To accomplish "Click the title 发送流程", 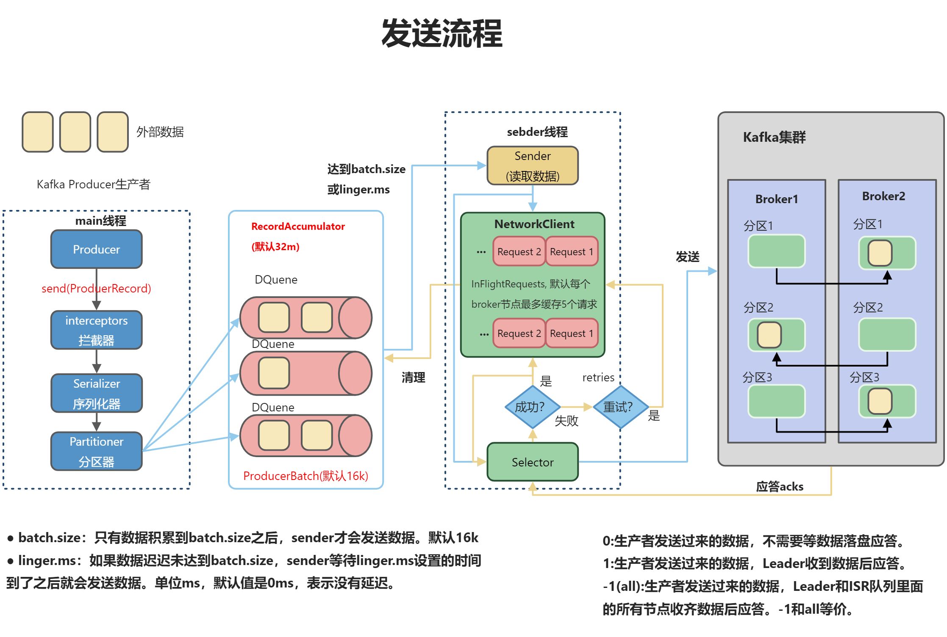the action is tap(442, 33).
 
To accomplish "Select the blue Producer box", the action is tap(97, 249).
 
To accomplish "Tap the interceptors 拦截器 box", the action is tap(97, 330).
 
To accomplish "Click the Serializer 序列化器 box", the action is tap(97, 393).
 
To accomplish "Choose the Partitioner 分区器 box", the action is tap(97, 451).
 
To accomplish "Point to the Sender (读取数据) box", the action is tap(533, 165).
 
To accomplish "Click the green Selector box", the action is tap(533, 462).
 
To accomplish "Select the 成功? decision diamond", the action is tap(533, 407).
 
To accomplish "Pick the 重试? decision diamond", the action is tap(621, 407).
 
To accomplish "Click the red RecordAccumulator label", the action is tap(298, 226).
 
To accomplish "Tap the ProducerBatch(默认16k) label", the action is tap(305, 476).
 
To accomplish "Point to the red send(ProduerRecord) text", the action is tap(96, 288).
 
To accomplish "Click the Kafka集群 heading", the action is tap(774, 137).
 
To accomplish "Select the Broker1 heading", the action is tap(777, 199).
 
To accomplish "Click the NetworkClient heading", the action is tap(534, 224).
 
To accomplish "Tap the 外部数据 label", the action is tap(160, 132).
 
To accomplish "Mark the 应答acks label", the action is tap(780, 486).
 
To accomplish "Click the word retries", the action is tap(598, 377).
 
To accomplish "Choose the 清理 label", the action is tap(413, 378).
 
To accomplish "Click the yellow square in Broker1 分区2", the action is tap(769, 335).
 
